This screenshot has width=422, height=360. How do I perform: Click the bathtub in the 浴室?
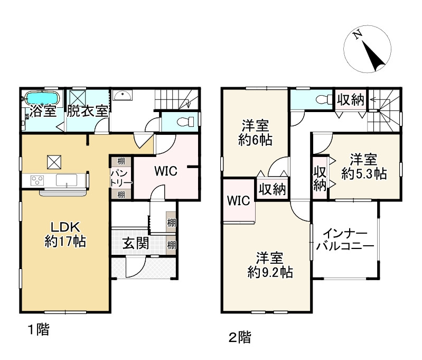(x=42, y=98)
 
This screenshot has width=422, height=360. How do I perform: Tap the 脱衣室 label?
(x=88, y=110)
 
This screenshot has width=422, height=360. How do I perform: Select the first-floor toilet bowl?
(x=186, y=122)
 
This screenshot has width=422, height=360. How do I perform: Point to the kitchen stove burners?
(x=37, y=180)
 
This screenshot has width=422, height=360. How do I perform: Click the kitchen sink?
(x=67, y=180)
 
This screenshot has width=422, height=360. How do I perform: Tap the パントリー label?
(x=121, y=178)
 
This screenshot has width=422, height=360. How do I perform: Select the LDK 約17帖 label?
(x=65, y=234)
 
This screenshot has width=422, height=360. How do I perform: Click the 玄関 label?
(x=136, y=243)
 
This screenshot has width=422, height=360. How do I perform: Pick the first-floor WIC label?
(x=166, y=171)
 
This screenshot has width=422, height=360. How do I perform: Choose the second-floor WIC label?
(x=238, y=200)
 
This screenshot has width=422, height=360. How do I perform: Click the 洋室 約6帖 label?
(x=255, y=133)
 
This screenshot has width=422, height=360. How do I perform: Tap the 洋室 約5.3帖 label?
(x=364, y=167)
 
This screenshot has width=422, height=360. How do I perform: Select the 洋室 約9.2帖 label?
(x=270, y=265)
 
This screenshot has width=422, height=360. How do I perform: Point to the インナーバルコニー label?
(x=345, y=239)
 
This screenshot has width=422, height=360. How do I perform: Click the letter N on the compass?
(x=357, y=35)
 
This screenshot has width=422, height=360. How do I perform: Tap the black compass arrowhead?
(x=373, y=57)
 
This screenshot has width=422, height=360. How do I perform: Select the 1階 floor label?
(x=39, y=329)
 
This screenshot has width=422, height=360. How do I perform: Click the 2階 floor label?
(x=240, y=337)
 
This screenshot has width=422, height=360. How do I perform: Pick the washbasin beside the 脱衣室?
(x=123, y=95)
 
